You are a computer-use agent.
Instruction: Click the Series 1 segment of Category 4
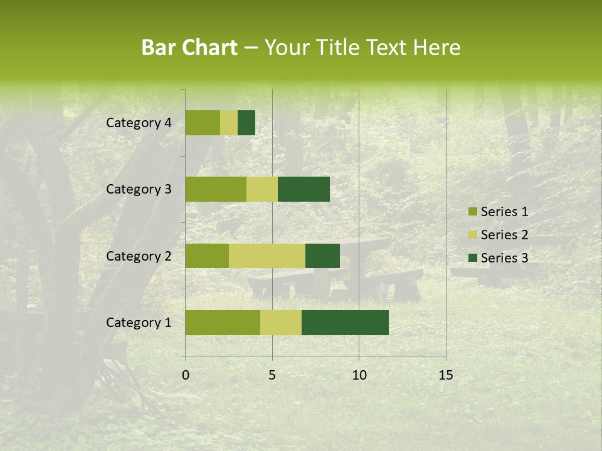coord(203,123)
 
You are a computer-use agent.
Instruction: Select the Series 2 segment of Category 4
coord(229,123)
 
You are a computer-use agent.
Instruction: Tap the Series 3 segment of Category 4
coord(246,123)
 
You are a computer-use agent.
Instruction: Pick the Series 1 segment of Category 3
coord(216,189)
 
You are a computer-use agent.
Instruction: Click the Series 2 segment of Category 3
coord(262,189)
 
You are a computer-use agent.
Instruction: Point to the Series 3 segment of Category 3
coord(304,189)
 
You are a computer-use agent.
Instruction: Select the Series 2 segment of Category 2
coord(267,256)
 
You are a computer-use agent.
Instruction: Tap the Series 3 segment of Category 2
coord(322,256)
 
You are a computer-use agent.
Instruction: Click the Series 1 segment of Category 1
coord(223,323)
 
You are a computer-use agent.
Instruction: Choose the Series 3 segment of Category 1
coord(345,323)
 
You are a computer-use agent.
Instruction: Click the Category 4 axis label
coord(139,123)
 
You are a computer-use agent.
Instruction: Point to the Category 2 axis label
coord(139,256)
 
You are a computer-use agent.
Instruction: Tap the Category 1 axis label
coord(139,323)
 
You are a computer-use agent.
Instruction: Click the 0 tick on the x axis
coord(186,375)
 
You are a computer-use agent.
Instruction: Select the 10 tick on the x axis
coord(359,375)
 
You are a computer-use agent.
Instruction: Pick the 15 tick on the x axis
coord(445,375)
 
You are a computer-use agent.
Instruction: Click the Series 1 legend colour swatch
coord(472,212)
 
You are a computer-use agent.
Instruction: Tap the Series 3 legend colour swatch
coord(472,257)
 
